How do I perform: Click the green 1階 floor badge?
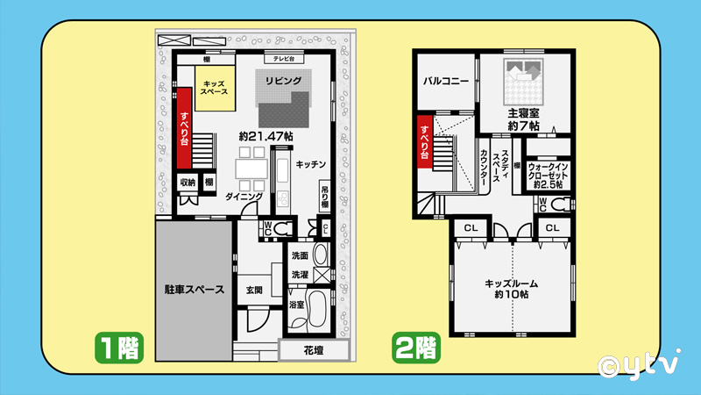coord(119,348)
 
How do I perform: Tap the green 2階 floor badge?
coord(415,348)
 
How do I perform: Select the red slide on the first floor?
coord(184,128)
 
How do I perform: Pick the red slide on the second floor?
coord(425,142)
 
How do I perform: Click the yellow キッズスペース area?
coord(215,89)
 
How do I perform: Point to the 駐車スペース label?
coord(195,290)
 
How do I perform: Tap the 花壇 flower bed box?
coord(314,350)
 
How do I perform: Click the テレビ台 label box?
coord(284,59)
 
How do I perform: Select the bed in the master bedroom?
coord(523,82)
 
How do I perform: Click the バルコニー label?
coord(446,81)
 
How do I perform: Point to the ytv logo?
coord(640,364)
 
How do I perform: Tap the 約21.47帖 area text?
coord(266,136)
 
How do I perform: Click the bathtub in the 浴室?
coord(317,309)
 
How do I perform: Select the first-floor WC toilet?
coord(283,229)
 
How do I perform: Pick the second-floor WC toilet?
coord(561,205)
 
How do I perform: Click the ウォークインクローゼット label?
coord(548,176)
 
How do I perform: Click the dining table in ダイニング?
coord(251,169)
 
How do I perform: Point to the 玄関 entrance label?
coord(254,291)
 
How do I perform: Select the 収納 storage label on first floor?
coord(188,183)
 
